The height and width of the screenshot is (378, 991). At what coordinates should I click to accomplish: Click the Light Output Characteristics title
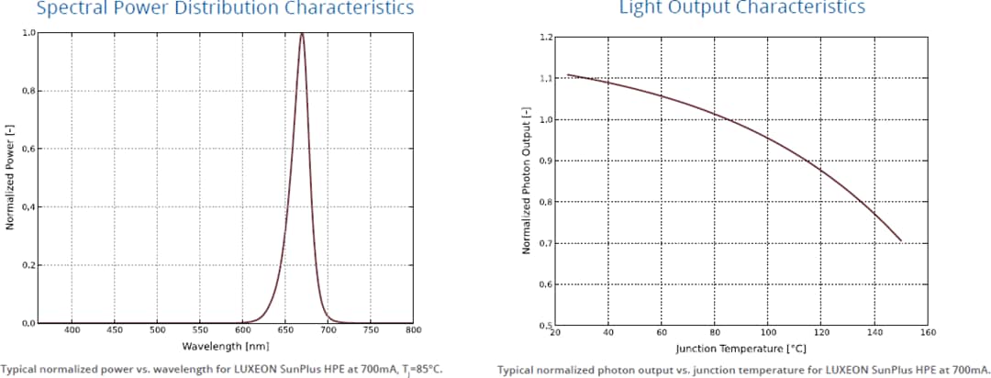tap(741, 8)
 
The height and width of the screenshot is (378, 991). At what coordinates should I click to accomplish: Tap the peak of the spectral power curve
tap(302, 34)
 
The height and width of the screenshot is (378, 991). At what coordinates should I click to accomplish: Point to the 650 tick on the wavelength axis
tap(285, 329)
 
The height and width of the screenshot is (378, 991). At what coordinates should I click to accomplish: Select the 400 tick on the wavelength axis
tap(72, 329)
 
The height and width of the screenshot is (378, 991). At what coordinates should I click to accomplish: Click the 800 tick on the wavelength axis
tap(413, 329)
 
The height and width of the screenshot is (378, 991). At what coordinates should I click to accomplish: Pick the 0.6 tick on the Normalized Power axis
tap(28, 149)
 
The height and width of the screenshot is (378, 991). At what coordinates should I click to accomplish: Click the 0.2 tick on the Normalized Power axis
tap(28, 265)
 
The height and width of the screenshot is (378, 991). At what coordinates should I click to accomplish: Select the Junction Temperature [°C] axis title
tap(740, 348)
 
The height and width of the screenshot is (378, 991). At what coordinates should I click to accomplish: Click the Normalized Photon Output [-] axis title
tap(527, 181)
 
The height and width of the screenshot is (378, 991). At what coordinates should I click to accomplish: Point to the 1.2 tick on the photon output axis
tap(546, 38)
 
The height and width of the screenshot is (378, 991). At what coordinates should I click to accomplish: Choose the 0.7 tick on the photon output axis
tap(546, 243)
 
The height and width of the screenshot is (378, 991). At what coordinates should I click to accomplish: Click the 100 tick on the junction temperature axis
tap(769, 333)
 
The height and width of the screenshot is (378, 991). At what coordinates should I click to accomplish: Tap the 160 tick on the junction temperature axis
tap(929, 333)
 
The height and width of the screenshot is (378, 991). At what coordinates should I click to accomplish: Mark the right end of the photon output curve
tap(901, 240)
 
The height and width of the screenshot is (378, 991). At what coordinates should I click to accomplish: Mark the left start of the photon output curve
tap(567, 74)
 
